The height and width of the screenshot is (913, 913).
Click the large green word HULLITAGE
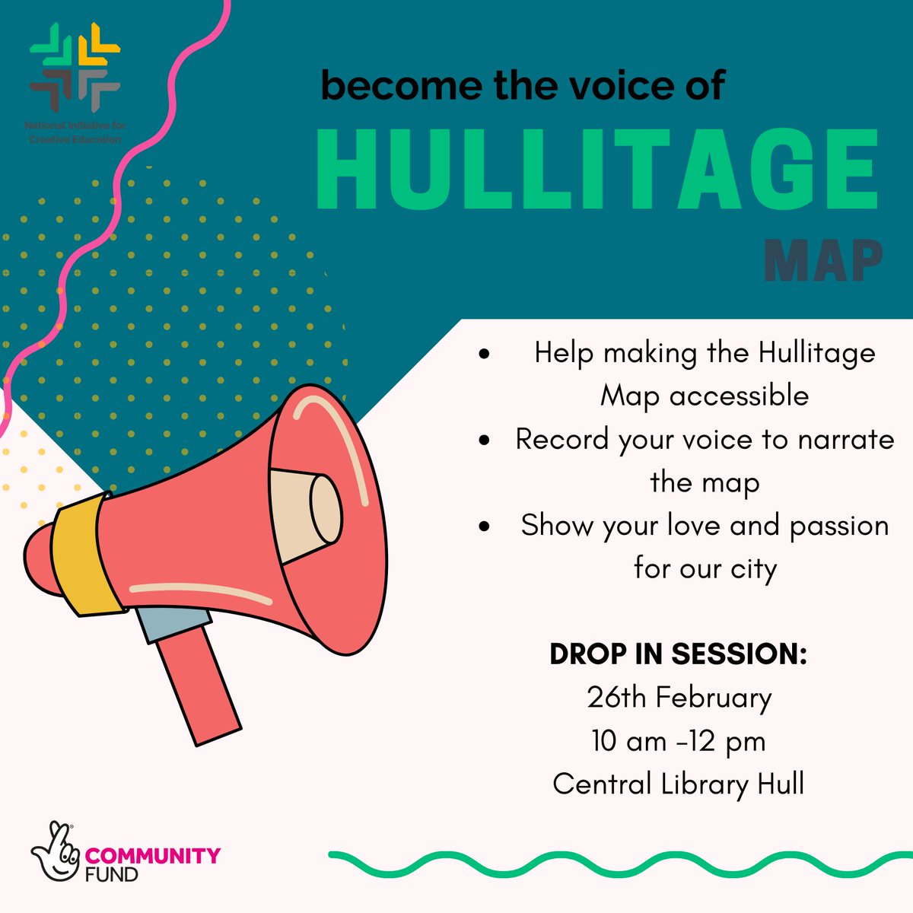click(597, 171)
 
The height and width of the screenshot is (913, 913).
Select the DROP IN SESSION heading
click(678, 654)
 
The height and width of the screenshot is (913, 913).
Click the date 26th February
click(679, 698)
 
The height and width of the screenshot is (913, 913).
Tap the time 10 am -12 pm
click(679, 741)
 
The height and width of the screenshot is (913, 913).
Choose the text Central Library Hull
click(679, 784)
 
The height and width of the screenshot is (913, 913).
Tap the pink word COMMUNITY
click(153, 856)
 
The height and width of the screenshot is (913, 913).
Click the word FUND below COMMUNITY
click(111, 874)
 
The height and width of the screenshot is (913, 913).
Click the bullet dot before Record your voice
click(484, 441)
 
